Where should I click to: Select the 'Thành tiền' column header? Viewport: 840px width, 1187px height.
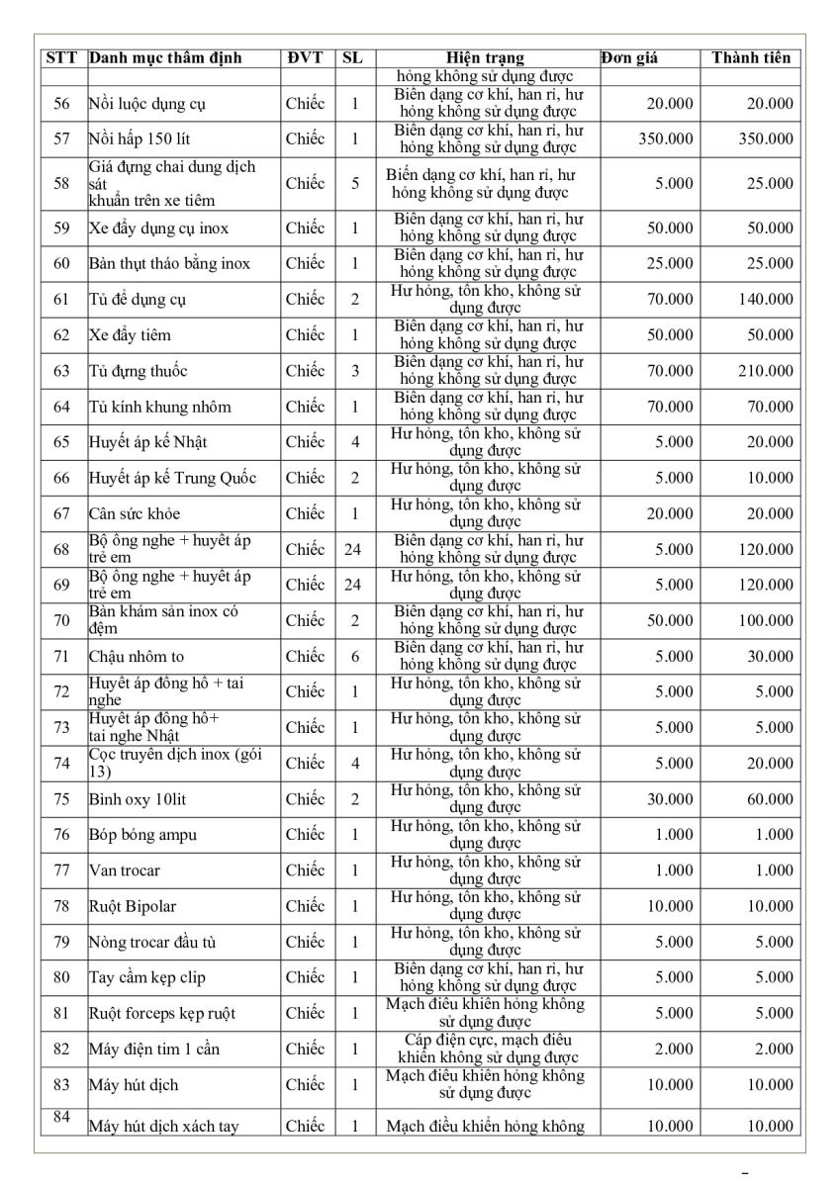(x=751, y=58)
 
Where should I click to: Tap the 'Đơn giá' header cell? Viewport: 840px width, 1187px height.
(x=629, y=58)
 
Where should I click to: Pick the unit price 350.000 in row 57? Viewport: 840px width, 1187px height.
(x=666, y=139)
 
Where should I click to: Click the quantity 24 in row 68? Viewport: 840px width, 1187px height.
(x=352, y=549)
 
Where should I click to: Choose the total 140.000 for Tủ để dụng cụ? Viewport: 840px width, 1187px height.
(x=765, y=300)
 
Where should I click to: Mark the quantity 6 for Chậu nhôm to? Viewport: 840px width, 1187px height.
(x=353, y=656)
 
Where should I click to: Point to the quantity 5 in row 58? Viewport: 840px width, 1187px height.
(x=353, y=183)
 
